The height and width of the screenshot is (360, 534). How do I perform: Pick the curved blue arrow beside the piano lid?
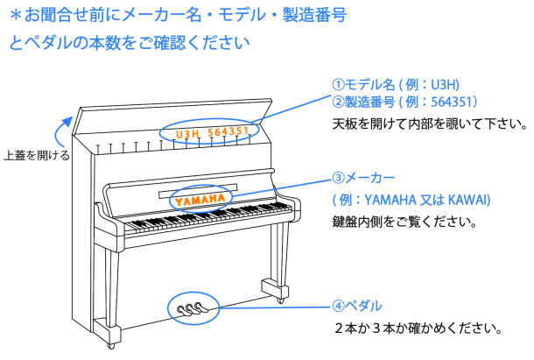coord(63,130)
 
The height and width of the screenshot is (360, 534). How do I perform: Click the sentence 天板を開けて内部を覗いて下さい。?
coord(429,124)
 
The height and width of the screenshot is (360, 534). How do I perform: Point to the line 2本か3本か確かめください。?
coord(418,329)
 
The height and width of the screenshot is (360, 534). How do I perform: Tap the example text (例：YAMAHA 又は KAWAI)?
coord(411,200)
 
